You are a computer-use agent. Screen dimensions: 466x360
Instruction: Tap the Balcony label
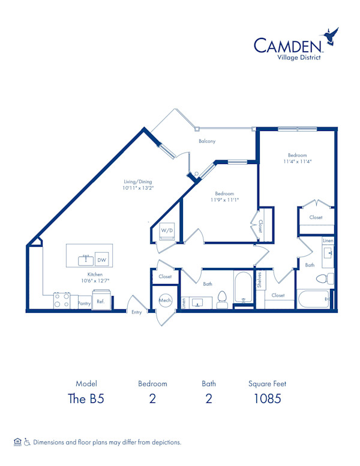[x=207, y=141]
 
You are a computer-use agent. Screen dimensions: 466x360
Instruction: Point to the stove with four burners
[x=61, y=300]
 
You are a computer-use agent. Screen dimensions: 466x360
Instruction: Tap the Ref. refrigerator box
[x=101, y=301]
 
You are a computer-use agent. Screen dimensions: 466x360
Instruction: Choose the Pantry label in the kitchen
[x=84, y=303]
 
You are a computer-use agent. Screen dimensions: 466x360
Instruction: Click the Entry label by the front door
[x=137, y=312]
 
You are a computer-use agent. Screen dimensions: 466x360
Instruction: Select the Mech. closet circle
[x=165, y=300]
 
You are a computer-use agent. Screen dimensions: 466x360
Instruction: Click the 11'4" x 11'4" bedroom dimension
[x=298, y=161]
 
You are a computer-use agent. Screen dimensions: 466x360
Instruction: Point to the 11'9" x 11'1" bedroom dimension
[x=224, y=200]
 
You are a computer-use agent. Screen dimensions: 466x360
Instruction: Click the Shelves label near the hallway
[x=259, y=279]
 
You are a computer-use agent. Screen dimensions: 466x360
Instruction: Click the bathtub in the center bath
[x=244, y=289]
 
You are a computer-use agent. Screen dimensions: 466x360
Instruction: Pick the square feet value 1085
[x=265, y=398]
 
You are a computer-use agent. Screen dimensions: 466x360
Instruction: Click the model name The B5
[x=86, y=398]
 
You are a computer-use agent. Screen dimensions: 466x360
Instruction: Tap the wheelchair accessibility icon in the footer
[x=27, y=442]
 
